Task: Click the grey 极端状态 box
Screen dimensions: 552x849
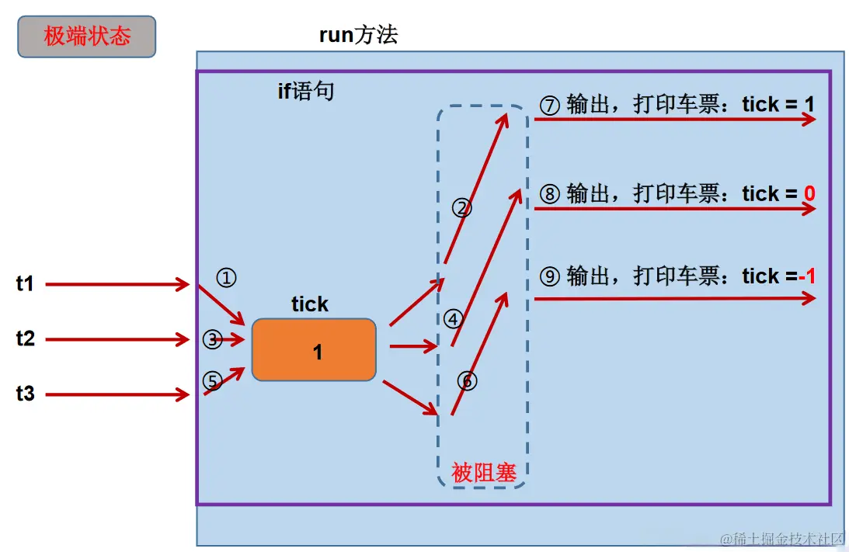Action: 86,36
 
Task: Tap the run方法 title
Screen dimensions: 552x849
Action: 358,35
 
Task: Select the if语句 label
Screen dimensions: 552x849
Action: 306,92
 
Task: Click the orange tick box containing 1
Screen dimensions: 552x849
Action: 314,350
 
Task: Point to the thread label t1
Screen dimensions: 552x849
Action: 26,284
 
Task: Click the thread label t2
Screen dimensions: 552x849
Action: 26,339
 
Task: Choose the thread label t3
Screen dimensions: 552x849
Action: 26,394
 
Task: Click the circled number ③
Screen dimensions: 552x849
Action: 212,338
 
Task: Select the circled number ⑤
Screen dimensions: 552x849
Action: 212,380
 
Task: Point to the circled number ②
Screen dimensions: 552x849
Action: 461,207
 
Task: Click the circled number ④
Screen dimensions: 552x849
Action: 453,318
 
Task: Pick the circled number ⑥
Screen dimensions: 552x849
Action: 467,380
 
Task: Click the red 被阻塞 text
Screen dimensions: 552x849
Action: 483,472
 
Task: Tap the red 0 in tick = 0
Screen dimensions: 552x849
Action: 809,193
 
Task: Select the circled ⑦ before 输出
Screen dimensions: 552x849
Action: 549,105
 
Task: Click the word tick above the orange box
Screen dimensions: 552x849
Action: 310,304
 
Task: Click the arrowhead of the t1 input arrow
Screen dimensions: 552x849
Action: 184,284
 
